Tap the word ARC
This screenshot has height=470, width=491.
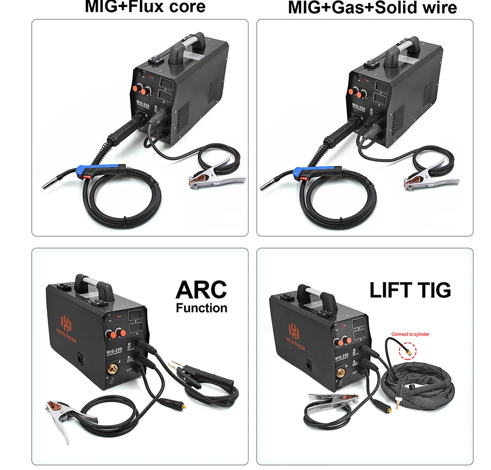click(200, 289)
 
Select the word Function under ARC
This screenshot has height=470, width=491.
click(202, 308)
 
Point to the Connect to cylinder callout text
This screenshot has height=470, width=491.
click(410, 335)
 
